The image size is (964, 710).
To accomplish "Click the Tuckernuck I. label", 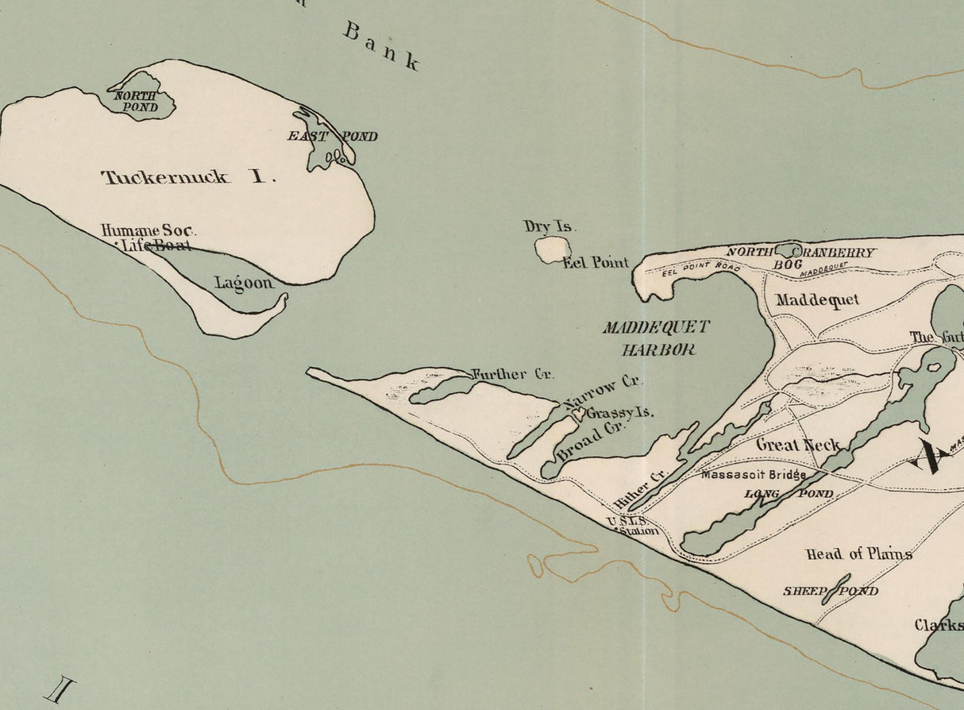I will point(188,177).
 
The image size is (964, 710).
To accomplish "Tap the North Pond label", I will point(135,101).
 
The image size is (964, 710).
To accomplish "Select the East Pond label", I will point(332,136).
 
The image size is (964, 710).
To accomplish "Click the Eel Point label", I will point(596,262).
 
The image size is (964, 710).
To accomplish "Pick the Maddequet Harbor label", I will point(655,338).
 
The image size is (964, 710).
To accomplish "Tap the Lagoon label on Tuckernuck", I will point(244,283).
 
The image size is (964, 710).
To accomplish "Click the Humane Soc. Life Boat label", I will point(148,237).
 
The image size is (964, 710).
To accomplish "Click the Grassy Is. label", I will point(619,413).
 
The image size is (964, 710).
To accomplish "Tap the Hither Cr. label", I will point(642,488).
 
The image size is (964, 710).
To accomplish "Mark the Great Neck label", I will point(798,444).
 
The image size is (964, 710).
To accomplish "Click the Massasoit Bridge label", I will point(754,475).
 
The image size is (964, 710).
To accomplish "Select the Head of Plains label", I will point(858,554).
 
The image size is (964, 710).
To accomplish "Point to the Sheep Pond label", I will point(831,591).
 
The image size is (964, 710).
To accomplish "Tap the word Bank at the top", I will point(381,46).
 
